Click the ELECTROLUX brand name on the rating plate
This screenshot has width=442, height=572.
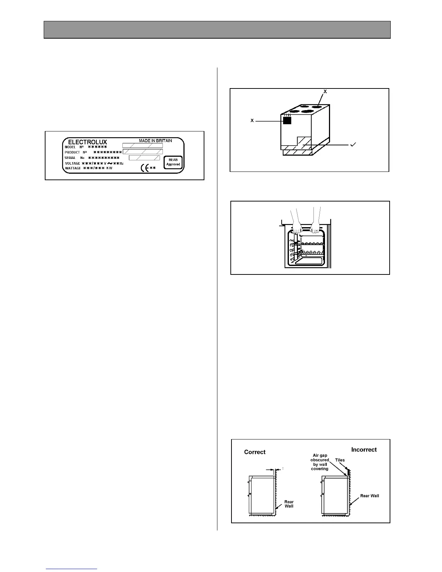coord(87,142)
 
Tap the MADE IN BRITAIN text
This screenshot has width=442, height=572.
coord(155,140)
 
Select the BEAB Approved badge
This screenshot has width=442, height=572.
coord(173,162)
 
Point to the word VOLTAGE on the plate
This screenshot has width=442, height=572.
coord(72,163)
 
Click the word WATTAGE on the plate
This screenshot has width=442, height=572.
coord(73,168)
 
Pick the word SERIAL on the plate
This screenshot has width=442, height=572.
coord(70,158)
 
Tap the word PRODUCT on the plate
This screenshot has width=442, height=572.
coord(72,152)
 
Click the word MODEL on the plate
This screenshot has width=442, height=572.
coord(70,147)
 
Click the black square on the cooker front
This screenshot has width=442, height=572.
coord(287,121)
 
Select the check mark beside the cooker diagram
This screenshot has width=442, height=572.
coord(354,144)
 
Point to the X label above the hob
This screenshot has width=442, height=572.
coord(325,92)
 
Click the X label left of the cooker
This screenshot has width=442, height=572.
coord(252,120)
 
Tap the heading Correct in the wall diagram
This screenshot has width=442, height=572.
coord(255,452)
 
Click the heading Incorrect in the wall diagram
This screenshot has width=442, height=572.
coord(364,450)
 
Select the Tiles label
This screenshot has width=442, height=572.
coord(340,460)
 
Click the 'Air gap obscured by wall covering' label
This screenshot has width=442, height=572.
coord(320,462)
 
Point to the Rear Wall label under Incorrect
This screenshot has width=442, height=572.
coord(369,496)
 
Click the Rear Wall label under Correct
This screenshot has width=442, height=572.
coord(289,504)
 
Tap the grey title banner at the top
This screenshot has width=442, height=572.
coord(217,30)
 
